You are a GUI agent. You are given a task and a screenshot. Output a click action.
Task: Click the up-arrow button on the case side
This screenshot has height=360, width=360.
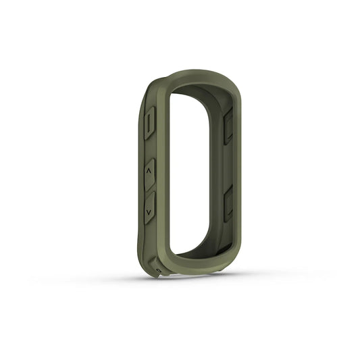coord(149,174)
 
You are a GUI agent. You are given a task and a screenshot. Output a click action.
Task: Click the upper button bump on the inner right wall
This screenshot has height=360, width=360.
coord(228,126)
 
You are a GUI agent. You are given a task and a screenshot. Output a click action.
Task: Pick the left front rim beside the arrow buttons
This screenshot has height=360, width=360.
coord(163,189)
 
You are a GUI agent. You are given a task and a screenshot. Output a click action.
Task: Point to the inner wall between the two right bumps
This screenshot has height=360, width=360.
coord(226,165)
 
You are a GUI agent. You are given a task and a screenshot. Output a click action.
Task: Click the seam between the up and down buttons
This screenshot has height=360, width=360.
coord(149,191)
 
